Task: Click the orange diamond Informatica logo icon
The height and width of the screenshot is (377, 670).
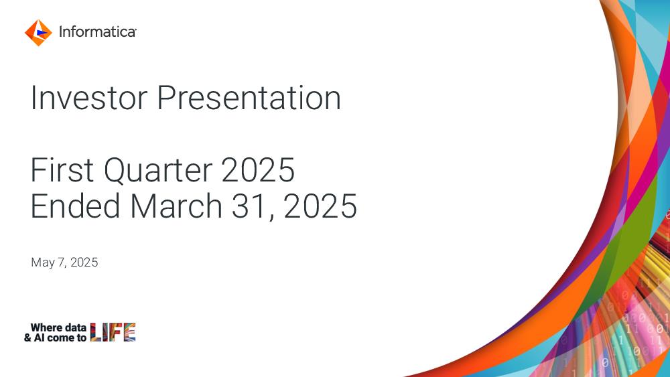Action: (38, 32)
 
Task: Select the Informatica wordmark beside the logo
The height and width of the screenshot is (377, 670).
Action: (97, 31)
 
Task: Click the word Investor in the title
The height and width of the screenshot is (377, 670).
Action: (89, 98)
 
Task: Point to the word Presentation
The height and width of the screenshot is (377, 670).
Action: (249, 98)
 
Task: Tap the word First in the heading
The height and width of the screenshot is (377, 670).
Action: (62, 170)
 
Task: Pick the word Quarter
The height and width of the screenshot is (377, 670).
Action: (157, 171)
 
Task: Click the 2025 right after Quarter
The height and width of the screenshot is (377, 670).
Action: (258, 170)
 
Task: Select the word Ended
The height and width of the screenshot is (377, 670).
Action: (75, 206)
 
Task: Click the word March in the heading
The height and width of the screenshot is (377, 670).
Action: (176, 206)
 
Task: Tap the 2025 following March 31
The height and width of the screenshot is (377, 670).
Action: (320, 206)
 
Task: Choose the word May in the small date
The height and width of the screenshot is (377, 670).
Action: (43, 262)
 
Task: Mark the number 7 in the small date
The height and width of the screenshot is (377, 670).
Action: (62, 262)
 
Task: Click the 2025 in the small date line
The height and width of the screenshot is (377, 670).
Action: (84, 262)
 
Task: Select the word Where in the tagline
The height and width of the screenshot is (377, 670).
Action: (47, 327)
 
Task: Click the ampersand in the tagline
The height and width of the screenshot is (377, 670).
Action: (27, 337)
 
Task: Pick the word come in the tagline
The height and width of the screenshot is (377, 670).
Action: (61, 338)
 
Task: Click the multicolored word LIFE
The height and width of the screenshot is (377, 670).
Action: (113, 332)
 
